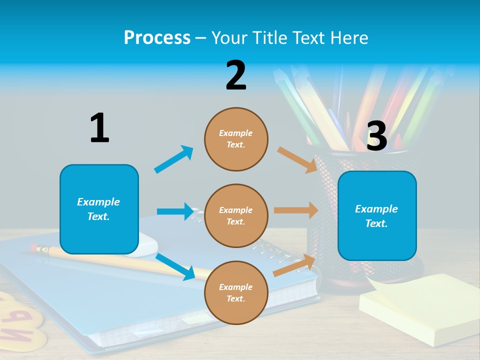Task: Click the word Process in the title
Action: (157, 38)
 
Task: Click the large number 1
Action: (99, 128)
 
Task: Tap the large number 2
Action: (236, 75)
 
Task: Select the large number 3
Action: (376, 136)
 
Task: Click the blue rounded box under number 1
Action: (99, 209)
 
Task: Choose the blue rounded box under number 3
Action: (377, 215)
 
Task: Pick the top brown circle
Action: (236, 139)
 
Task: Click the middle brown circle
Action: (236, 215)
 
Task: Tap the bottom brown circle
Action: (236, 292)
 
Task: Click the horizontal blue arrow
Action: (175, 211)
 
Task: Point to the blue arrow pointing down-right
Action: (175, 266)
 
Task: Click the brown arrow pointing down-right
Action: (297, 159)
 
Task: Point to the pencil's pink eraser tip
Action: (34, 247)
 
